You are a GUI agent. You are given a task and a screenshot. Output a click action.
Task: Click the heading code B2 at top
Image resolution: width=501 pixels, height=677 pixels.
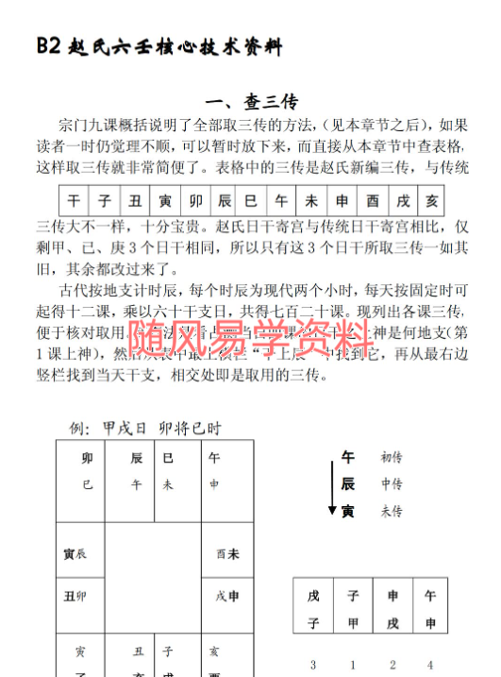49,45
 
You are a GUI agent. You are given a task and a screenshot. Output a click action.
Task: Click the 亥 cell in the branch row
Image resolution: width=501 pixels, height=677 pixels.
431,202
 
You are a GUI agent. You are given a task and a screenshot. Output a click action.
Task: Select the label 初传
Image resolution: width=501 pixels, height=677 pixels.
391,458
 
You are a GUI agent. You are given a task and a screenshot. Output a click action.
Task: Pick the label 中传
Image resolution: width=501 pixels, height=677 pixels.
391,484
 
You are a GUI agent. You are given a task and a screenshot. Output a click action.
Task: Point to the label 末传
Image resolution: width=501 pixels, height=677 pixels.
391,511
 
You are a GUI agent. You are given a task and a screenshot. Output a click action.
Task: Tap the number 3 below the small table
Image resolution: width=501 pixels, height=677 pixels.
313,664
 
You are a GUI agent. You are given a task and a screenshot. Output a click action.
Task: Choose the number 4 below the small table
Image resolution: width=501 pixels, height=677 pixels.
430,664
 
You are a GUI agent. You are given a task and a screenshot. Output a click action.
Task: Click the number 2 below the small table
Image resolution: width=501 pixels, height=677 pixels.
392,664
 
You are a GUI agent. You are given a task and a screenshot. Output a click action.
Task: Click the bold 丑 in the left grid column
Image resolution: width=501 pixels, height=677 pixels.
69,596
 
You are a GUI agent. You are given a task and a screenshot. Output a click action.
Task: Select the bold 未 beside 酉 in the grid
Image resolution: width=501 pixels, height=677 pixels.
232,553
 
